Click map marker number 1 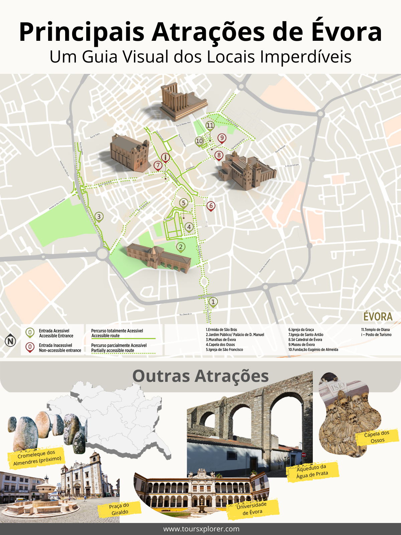(213, 302)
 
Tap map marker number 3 (99, 217)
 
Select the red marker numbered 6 (211, 206)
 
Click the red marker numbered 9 (222, 138)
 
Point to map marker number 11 (210, 125)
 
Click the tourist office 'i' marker (165, 157)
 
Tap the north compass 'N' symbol (11, 341)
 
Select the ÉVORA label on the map (378, 316)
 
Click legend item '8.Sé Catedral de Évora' (305, 339)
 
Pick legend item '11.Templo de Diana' (375, 329)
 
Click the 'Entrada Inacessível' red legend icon (30, 347)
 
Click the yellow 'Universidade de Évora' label (253, 508)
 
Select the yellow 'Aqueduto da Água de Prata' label (312, 471)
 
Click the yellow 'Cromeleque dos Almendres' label (36, 457)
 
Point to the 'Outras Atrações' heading (200, 376)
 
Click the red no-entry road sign (304, 455)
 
